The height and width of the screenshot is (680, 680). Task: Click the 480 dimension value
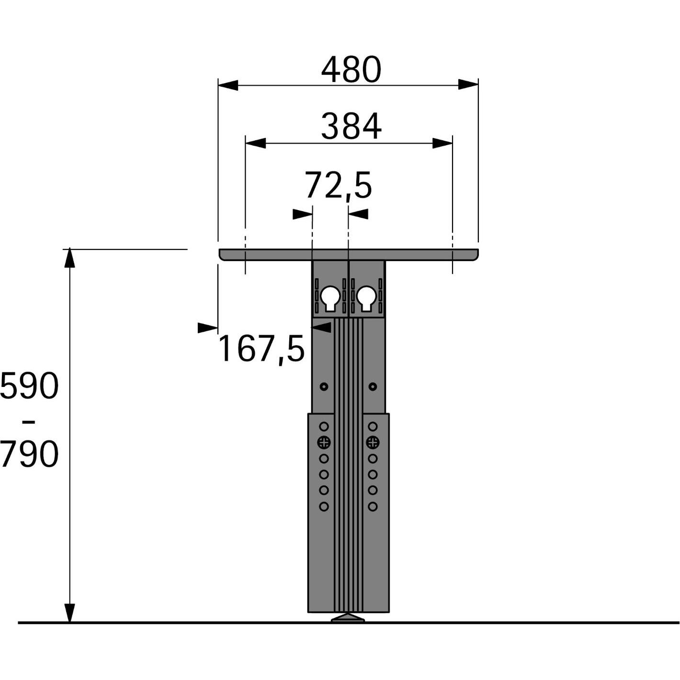351,70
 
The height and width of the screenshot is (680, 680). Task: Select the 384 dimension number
351,127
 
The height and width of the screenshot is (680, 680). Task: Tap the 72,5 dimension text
338,186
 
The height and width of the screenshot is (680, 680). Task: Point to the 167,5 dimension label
261,349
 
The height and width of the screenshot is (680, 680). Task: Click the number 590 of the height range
29,386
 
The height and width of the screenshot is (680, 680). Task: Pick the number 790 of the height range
29,454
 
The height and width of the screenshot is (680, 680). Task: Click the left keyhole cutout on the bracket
330,298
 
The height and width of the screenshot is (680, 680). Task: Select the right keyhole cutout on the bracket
366,298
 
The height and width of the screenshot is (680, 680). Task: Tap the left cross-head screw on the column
324,442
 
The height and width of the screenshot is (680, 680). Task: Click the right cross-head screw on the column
373,442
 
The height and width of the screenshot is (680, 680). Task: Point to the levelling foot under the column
348,618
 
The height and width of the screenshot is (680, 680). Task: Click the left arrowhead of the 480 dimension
228,85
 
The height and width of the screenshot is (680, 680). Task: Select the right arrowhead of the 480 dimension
468,85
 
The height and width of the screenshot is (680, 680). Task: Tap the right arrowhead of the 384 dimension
442,143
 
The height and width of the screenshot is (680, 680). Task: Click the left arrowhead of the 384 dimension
255,143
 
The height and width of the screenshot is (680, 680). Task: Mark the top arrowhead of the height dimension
70,258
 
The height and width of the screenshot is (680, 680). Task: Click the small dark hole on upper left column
324,386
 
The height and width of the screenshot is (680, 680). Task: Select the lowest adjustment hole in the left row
324,506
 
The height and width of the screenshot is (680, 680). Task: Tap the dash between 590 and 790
29,421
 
